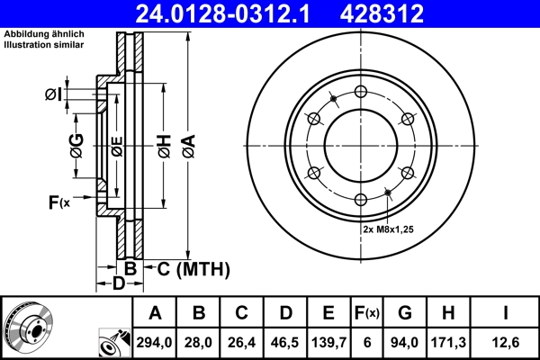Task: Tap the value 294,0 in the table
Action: tap(155, 342)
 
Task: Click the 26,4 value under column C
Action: tap(242, 342)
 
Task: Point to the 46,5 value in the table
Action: tap(285, 342)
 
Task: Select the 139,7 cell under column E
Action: tap(328, 342)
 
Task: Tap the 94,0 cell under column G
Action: tap(405, 342)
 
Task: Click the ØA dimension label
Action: tap(187, 144)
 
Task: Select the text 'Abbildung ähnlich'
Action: tap(42, 34)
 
